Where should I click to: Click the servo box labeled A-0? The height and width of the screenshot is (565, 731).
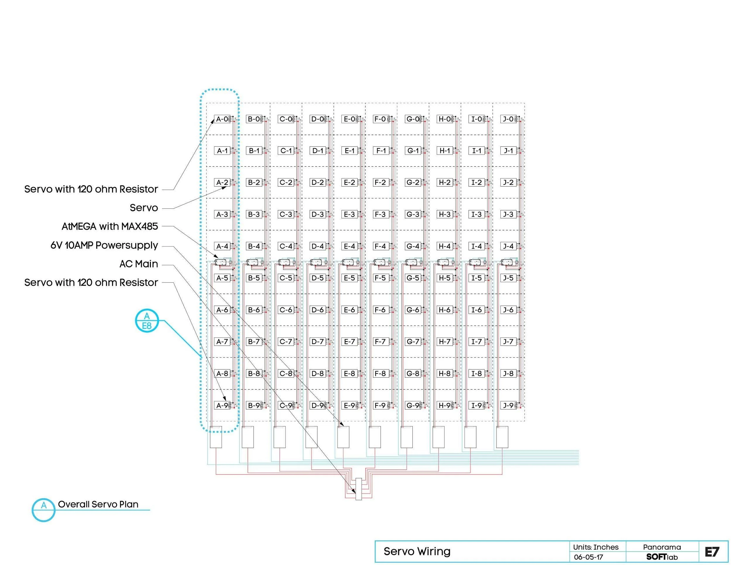click(222, 119)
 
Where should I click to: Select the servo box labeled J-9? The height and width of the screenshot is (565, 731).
click(509, 405)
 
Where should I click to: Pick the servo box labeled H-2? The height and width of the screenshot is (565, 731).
click(445, 182)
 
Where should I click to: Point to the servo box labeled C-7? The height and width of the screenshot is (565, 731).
click(286, 342)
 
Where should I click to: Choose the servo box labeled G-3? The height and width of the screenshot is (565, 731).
click(413, 214)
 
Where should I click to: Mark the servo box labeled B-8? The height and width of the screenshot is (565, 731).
click(254, 374)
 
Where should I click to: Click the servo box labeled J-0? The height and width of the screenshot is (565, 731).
click(509, 119)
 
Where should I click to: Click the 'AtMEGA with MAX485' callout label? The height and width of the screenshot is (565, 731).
click(109, 227)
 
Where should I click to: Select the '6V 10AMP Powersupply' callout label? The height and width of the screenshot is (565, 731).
click(104, 245)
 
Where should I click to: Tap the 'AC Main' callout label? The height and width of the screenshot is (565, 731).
click(138, 264)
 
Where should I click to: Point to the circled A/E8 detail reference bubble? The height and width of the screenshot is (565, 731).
click(147, 321)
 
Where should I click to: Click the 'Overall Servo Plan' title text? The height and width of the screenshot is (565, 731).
click(98, 504)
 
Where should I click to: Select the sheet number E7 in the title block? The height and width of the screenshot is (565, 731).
click(712, 552)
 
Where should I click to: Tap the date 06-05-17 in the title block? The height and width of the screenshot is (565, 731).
click(588, 557)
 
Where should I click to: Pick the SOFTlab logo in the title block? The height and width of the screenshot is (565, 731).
click(662, 557)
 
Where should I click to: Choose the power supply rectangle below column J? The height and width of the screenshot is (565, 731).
click(502, 437)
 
